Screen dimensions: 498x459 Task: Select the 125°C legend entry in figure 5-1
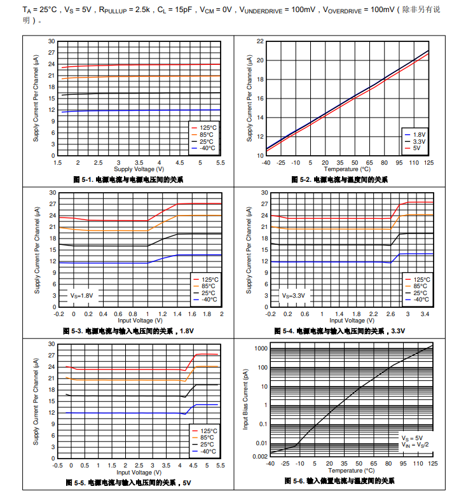point(207,127)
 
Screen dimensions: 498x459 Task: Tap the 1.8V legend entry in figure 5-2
point(420,135)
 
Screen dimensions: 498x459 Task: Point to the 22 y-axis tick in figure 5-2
point(260,41)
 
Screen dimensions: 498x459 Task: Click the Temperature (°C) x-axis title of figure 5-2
point(347,169)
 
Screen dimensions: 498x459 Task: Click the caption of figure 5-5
point(128,483)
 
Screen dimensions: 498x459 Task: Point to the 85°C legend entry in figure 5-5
point(207,438)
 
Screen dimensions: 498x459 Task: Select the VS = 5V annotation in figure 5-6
point(411,438)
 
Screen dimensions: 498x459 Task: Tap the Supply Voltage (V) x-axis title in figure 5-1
point(139,169)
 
